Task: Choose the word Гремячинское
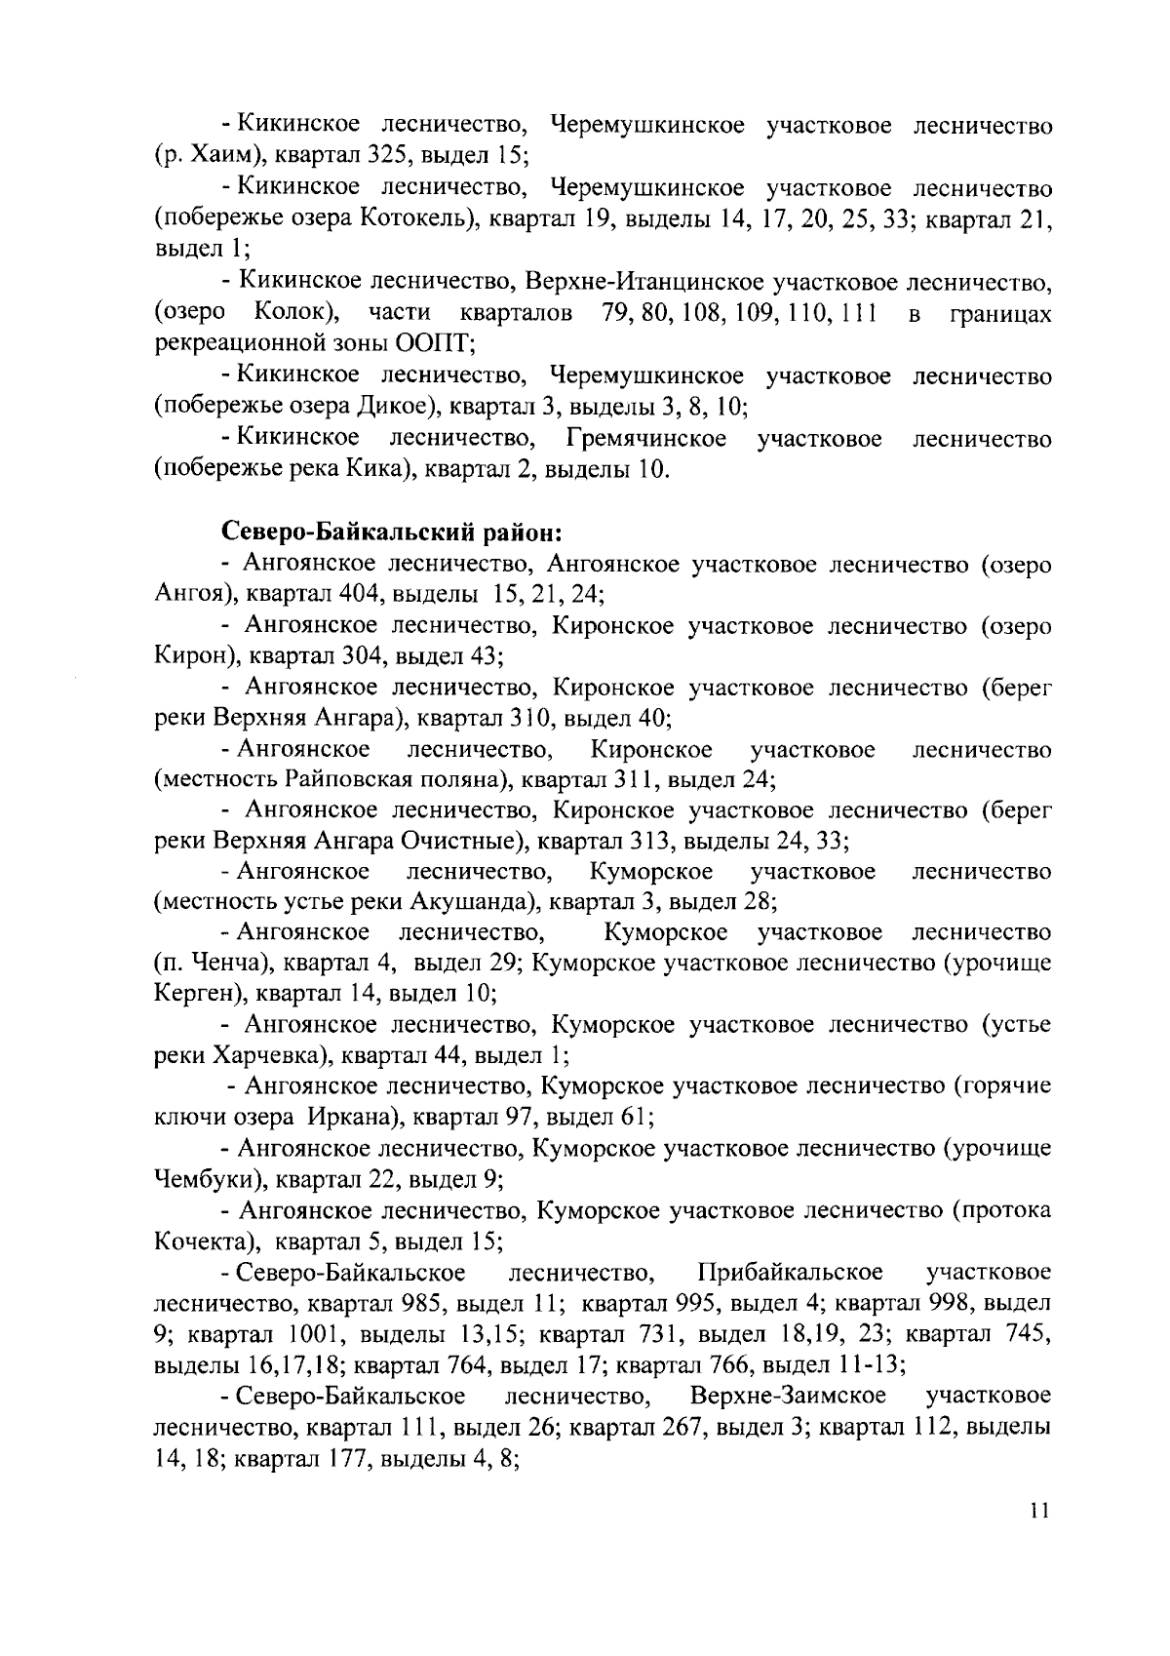coord(646,438)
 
